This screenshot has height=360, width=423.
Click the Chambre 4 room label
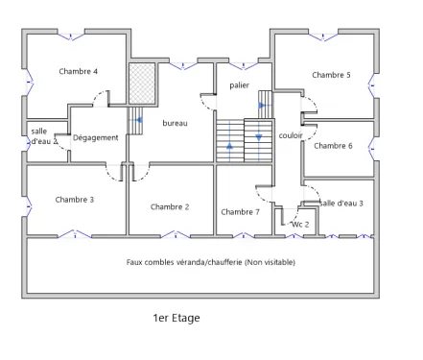tap(78, 71)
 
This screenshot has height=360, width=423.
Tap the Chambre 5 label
tap(331, 75)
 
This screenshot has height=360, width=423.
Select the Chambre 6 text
tap(333, 146)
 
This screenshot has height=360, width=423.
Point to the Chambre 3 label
tap(74, 200)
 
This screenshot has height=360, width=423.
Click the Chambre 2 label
tap(170, 206)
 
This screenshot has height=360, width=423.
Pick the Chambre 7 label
tap(240, 211)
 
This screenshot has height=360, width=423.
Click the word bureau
tap(175, 123)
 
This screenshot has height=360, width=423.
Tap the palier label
tap(239, 85)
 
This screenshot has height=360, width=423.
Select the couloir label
tap(291, 135)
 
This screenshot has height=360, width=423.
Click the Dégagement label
tap(95, 137)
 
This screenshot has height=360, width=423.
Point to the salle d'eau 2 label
tap(41, 135)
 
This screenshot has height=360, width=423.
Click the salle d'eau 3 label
tap(341, 203)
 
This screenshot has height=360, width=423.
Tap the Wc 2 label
tap(300, 223)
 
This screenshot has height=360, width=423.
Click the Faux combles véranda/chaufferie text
tap(210, 262)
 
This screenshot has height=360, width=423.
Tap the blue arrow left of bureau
tap(139, 121)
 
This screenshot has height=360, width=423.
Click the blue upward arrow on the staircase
tap(230, 147)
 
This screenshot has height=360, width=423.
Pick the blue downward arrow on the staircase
tap(258, 137)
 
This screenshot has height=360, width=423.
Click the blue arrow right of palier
tap(262, 106)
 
